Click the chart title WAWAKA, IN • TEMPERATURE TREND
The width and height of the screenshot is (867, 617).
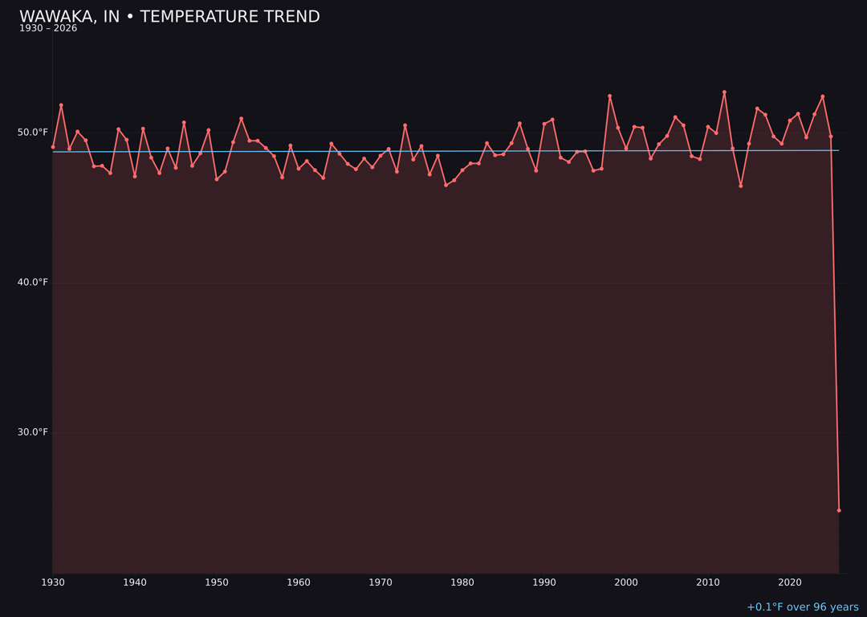tap(169, 17)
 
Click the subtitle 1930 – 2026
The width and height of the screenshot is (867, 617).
tap(48, 29)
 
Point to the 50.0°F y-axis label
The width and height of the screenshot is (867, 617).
tap(34, 133)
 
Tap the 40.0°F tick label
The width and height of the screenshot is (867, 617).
tap(34, 282)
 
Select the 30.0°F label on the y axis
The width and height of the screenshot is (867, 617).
tap(34, 432)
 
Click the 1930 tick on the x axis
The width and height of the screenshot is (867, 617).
tap(53, 582)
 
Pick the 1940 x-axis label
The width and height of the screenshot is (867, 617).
tap(135, 582)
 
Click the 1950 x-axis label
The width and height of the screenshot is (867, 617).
tap(217, 582)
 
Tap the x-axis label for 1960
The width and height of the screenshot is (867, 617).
tap(299, 582)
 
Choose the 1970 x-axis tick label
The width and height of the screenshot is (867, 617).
tap(381, 582)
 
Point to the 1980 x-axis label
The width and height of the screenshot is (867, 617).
tap(462, 582)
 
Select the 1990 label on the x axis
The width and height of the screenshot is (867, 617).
tap(544, 582)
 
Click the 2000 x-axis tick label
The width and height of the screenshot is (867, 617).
tap(626, 582)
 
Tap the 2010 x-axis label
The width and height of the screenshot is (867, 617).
tap(708, 582)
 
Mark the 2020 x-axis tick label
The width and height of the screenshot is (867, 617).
tap(790, 582)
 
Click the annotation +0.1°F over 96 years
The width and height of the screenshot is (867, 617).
tap(802, 607)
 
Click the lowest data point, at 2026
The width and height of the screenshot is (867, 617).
tap(839, 510)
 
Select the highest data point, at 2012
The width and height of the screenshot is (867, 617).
tap(724, 92)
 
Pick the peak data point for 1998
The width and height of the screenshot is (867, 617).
tap(609, 96)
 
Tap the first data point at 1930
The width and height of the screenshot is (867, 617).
tap(53, 147)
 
